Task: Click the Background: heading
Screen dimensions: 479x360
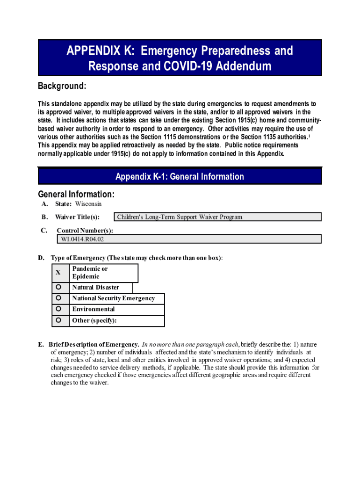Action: click(x=62, y=87)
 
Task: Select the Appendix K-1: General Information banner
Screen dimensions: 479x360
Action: click(x=180, y=176)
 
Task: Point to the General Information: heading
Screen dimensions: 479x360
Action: click(x=76, y=194)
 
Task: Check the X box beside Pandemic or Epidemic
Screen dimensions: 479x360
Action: click(x=58, y=272)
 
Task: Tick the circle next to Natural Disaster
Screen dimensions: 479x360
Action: click(x=58, y=287)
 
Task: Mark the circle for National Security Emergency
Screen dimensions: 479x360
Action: click(x=58, y=298)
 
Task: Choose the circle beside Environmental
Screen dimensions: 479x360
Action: click(x=58, y=309)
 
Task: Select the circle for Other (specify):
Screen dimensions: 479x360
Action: click(x=58, y=320)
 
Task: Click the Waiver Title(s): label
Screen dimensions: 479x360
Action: click(x=77, y=217)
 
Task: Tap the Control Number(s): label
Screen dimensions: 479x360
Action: click(x=85, y=231)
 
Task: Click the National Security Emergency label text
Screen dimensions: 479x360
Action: click(x=114, y=298)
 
